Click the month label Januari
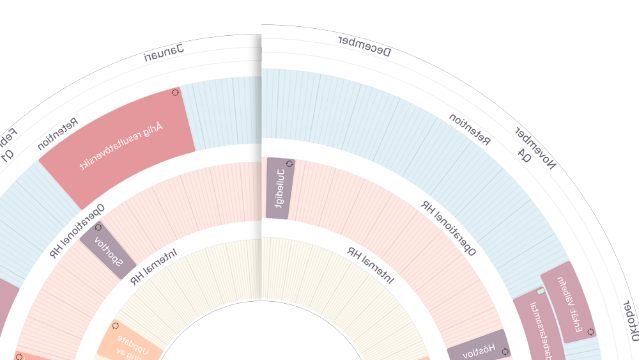pos(164,53)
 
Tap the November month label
pos(536,148)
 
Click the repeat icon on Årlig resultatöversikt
pos(176,93)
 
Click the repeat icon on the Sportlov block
pos(98,227)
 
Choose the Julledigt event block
pos(280,188)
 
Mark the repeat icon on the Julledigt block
pos(289,164)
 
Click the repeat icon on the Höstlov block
pos(505,351)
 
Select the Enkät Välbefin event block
pos(569,301)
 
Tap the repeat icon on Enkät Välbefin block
pos(590,332)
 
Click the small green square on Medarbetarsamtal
pos(541,292)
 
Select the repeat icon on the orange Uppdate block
pos(116,325)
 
